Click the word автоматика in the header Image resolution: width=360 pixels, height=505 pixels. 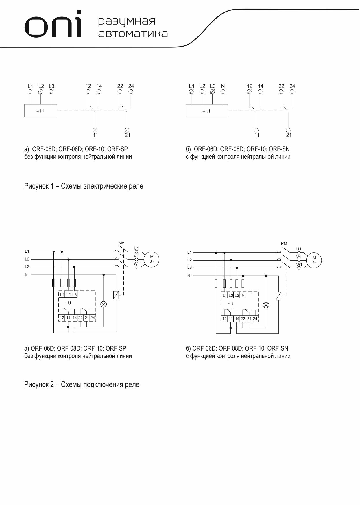pos(133,34)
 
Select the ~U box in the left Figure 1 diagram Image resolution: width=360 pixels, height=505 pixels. pos(40,111)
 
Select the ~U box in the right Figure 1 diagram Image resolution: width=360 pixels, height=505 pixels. pos(206,111)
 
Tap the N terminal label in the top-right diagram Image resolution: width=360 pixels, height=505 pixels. pos(223,86)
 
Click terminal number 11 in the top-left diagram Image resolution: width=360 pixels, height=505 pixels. pos(95,135)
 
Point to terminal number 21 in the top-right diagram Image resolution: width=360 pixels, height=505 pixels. pos(289,135)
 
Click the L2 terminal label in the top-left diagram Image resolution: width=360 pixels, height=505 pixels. pos(41,86)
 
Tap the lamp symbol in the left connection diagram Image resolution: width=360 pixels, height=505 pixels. pos(104,304)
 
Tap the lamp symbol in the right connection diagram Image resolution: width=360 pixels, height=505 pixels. pos(266,305)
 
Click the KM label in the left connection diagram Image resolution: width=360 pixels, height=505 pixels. pos(122,243)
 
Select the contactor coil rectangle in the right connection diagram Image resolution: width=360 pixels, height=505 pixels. pos(278,296)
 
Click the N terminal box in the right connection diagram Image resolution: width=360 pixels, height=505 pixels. pos(243,295)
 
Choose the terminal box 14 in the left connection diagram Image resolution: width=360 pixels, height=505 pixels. pos(75,318)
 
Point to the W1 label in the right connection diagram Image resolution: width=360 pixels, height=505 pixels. pos(299,265)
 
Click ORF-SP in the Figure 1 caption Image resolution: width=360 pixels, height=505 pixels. pos(117,149)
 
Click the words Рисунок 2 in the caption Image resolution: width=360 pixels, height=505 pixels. pos(42,385)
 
